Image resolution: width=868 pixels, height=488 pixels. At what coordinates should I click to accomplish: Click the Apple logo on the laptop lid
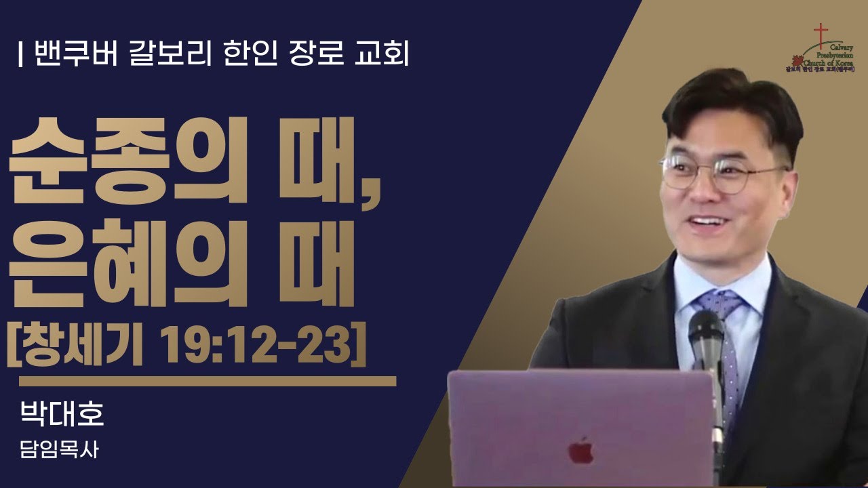pos(580,449)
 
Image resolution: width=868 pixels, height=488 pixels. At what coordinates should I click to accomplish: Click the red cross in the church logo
pos(821,35)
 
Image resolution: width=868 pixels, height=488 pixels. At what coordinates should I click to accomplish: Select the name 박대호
pos(62,414)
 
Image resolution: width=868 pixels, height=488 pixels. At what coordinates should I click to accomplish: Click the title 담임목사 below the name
pos(60,450)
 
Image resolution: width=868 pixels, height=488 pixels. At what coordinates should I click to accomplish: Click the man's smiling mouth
pos(706,224)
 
